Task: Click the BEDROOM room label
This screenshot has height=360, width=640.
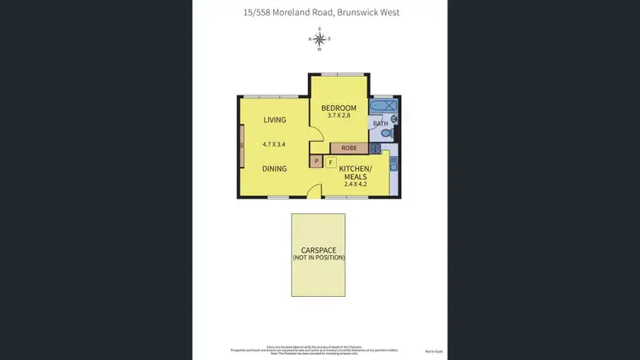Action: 339,108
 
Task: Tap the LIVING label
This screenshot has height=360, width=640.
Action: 274,120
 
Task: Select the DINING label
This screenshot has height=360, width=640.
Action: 274,169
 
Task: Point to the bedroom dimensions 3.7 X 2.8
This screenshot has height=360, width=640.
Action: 339,117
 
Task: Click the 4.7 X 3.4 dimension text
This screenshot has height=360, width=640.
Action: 274,145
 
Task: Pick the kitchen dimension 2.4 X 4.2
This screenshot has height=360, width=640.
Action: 355,184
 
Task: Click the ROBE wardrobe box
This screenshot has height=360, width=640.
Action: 348,148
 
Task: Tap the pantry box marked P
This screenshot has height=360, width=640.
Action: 317,161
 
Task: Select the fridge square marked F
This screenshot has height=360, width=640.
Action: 330,162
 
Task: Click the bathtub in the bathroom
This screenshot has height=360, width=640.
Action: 383,107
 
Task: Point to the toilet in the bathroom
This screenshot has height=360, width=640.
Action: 384,133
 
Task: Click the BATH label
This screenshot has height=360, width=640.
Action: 381,124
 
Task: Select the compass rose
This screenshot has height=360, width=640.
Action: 320,38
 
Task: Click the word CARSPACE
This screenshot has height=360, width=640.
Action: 317,250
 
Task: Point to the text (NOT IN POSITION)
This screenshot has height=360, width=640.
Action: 317,258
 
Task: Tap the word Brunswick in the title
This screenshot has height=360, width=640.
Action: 358,13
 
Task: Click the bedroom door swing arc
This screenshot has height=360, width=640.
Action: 315,134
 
